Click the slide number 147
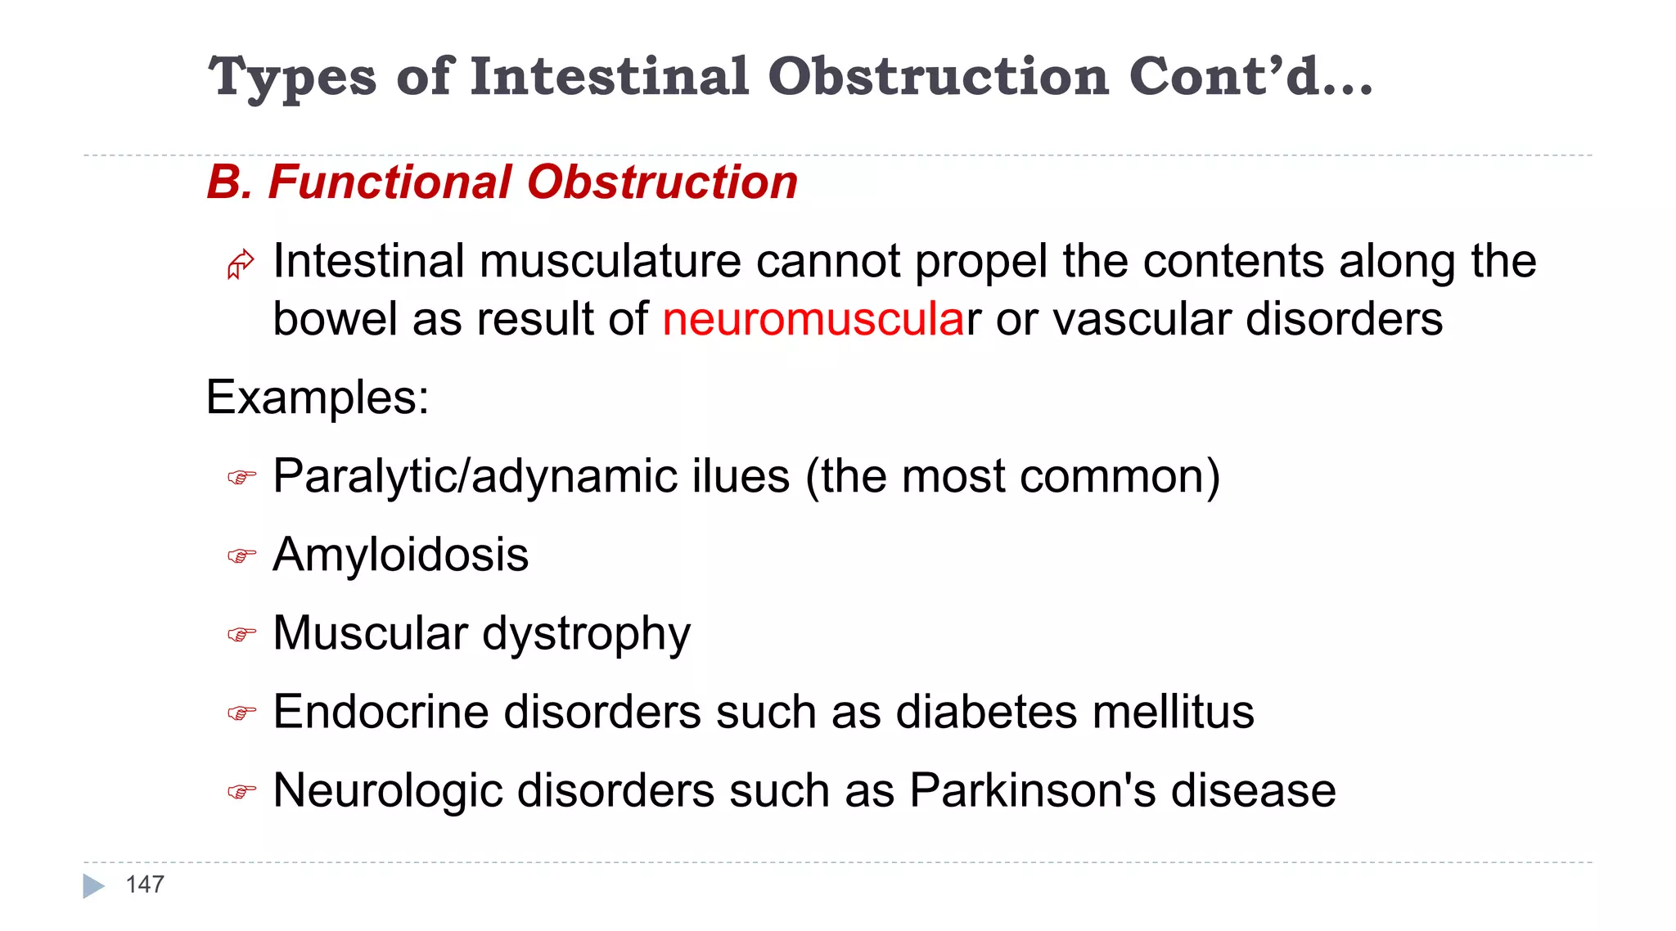pos(145,884)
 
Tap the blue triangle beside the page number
pos(93,886)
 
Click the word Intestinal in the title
pos(610,77)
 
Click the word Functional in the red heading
pos(390,182)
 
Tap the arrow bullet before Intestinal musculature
pos(241,264)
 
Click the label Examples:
pos(318,398)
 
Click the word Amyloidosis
pos(401,555)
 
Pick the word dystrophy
pos(586,635)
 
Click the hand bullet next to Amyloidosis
pos(241,556)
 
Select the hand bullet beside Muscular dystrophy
pos(241,635)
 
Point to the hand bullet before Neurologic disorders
pos(241,792)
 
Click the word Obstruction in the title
pos(938,77)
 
